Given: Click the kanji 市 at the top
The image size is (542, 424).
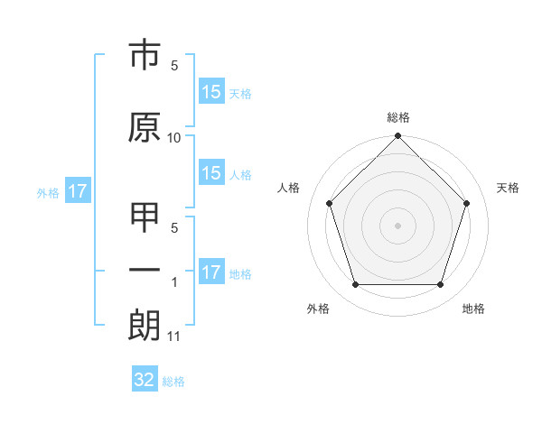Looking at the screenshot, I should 145,57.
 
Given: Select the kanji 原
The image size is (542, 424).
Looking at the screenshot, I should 145,127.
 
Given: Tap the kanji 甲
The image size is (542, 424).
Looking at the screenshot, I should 145,219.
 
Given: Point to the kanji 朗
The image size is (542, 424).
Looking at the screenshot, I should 145,326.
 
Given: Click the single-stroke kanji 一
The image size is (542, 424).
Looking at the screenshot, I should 145,271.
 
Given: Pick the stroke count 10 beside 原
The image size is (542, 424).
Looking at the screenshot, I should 174,138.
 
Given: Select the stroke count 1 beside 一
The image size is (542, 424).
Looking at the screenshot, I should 174,282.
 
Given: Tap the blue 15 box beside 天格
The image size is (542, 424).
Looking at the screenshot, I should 211,92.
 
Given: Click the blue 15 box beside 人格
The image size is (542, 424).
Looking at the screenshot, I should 211,173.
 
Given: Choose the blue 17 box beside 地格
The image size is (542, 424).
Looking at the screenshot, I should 211,272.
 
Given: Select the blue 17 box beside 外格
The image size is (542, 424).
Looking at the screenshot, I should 77,191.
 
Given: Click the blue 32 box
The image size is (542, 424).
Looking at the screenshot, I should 145,380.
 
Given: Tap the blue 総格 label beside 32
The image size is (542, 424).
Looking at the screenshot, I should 173,382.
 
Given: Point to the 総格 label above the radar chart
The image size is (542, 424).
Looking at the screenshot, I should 398,117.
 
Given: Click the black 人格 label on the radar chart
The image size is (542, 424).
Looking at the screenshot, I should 289,188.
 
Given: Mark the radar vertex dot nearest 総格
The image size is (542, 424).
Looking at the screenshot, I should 397,137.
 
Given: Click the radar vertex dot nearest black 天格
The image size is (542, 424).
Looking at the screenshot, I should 467,203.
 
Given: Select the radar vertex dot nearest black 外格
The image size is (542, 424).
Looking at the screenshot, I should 355,285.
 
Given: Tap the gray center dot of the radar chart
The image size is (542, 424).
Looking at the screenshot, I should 397,225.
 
